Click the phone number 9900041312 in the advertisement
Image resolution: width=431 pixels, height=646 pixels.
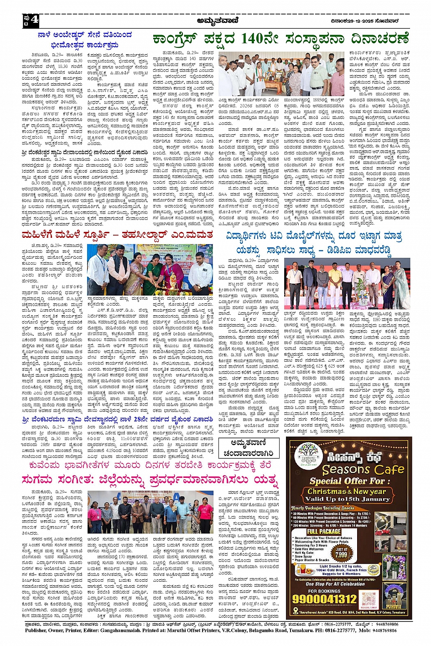click(325, 598)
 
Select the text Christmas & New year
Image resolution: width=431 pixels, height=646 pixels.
click(347, 492)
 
